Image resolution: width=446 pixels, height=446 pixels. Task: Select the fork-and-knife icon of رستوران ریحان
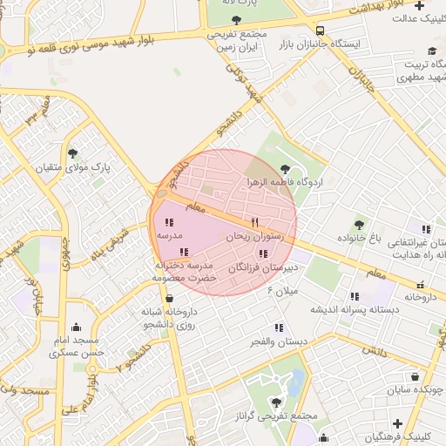click(x=255, y=222)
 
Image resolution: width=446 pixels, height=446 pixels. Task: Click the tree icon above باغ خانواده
click(x=359, y=225)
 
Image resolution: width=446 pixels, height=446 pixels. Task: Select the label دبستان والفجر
click(x=278, y=342)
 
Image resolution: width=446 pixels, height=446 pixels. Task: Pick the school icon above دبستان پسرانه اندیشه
click(x=355, y=295)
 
